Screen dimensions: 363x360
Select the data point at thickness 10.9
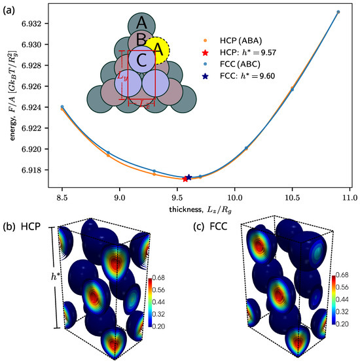tap(338, 12)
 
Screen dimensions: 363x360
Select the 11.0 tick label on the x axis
tap(349, 196)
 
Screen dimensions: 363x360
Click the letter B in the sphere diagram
tap(141, 42)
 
